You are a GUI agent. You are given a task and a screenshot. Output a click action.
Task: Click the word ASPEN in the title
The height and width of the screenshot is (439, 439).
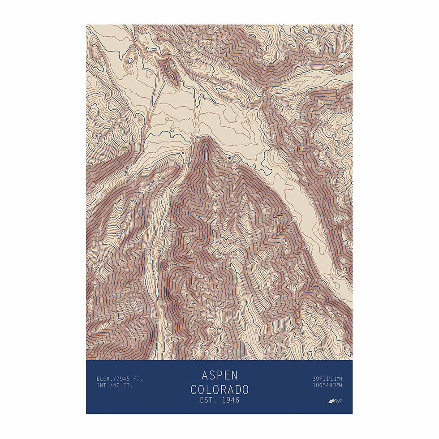[x=219, y=375]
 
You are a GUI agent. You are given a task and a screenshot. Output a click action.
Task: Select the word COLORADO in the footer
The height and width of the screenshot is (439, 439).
[x=219, y=389]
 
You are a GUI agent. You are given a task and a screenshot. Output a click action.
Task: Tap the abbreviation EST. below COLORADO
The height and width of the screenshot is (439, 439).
[x=208, y=400]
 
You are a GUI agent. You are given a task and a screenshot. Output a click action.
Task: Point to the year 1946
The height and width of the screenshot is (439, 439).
[x=229, y=400]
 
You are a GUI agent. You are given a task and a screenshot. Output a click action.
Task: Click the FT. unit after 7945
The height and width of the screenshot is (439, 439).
[x=138, y=379]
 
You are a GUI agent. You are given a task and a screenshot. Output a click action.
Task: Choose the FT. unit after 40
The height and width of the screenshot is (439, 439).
[x=128, y=385]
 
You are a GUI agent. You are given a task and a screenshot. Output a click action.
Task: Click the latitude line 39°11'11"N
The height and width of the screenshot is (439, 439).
[x=327, y=379]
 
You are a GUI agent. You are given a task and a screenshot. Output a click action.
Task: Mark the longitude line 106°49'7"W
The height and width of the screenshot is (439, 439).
[x=327, y=385]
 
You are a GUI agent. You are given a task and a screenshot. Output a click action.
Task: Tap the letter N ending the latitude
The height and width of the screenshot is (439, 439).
[x=340, y=379]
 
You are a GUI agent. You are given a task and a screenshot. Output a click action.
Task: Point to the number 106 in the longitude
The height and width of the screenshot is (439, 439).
[x=317, y=385]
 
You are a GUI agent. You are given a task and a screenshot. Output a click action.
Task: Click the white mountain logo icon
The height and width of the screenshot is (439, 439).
[x=332, y=401]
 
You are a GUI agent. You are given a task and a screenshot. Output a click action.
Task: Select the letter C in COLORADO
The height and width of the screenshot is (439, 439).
[x=194, y=389]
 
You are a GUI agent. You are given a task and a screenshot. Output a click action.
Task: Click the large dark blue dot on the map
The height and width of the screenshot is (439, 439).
[x=229, y=158]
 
